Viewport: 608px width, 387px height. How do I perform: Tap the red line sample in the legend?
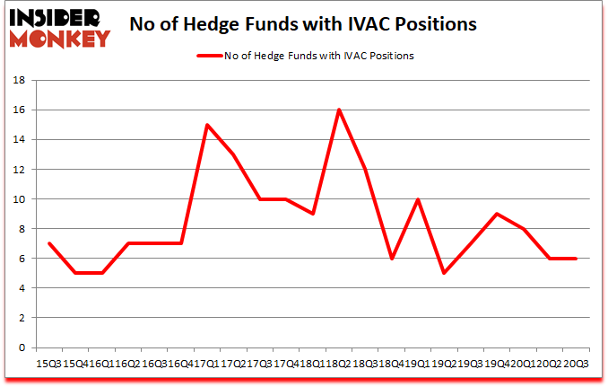217,55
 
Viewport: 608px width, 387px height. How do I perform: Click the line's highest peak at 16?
338,110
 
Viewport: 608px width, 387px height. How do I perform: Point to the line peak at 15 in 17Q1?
207,125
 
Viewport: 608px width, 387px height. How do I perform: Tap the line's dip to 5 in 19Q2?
444,274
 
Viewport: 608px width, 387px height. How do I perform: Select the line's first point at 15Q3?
48,243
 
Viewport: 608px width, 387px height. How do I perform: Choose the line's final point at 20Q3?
576,259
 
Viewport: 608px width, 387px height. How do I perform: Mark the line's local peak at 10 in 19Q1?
417,199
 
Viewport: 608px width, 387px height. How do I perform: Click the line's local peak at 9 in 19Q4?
497,214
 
